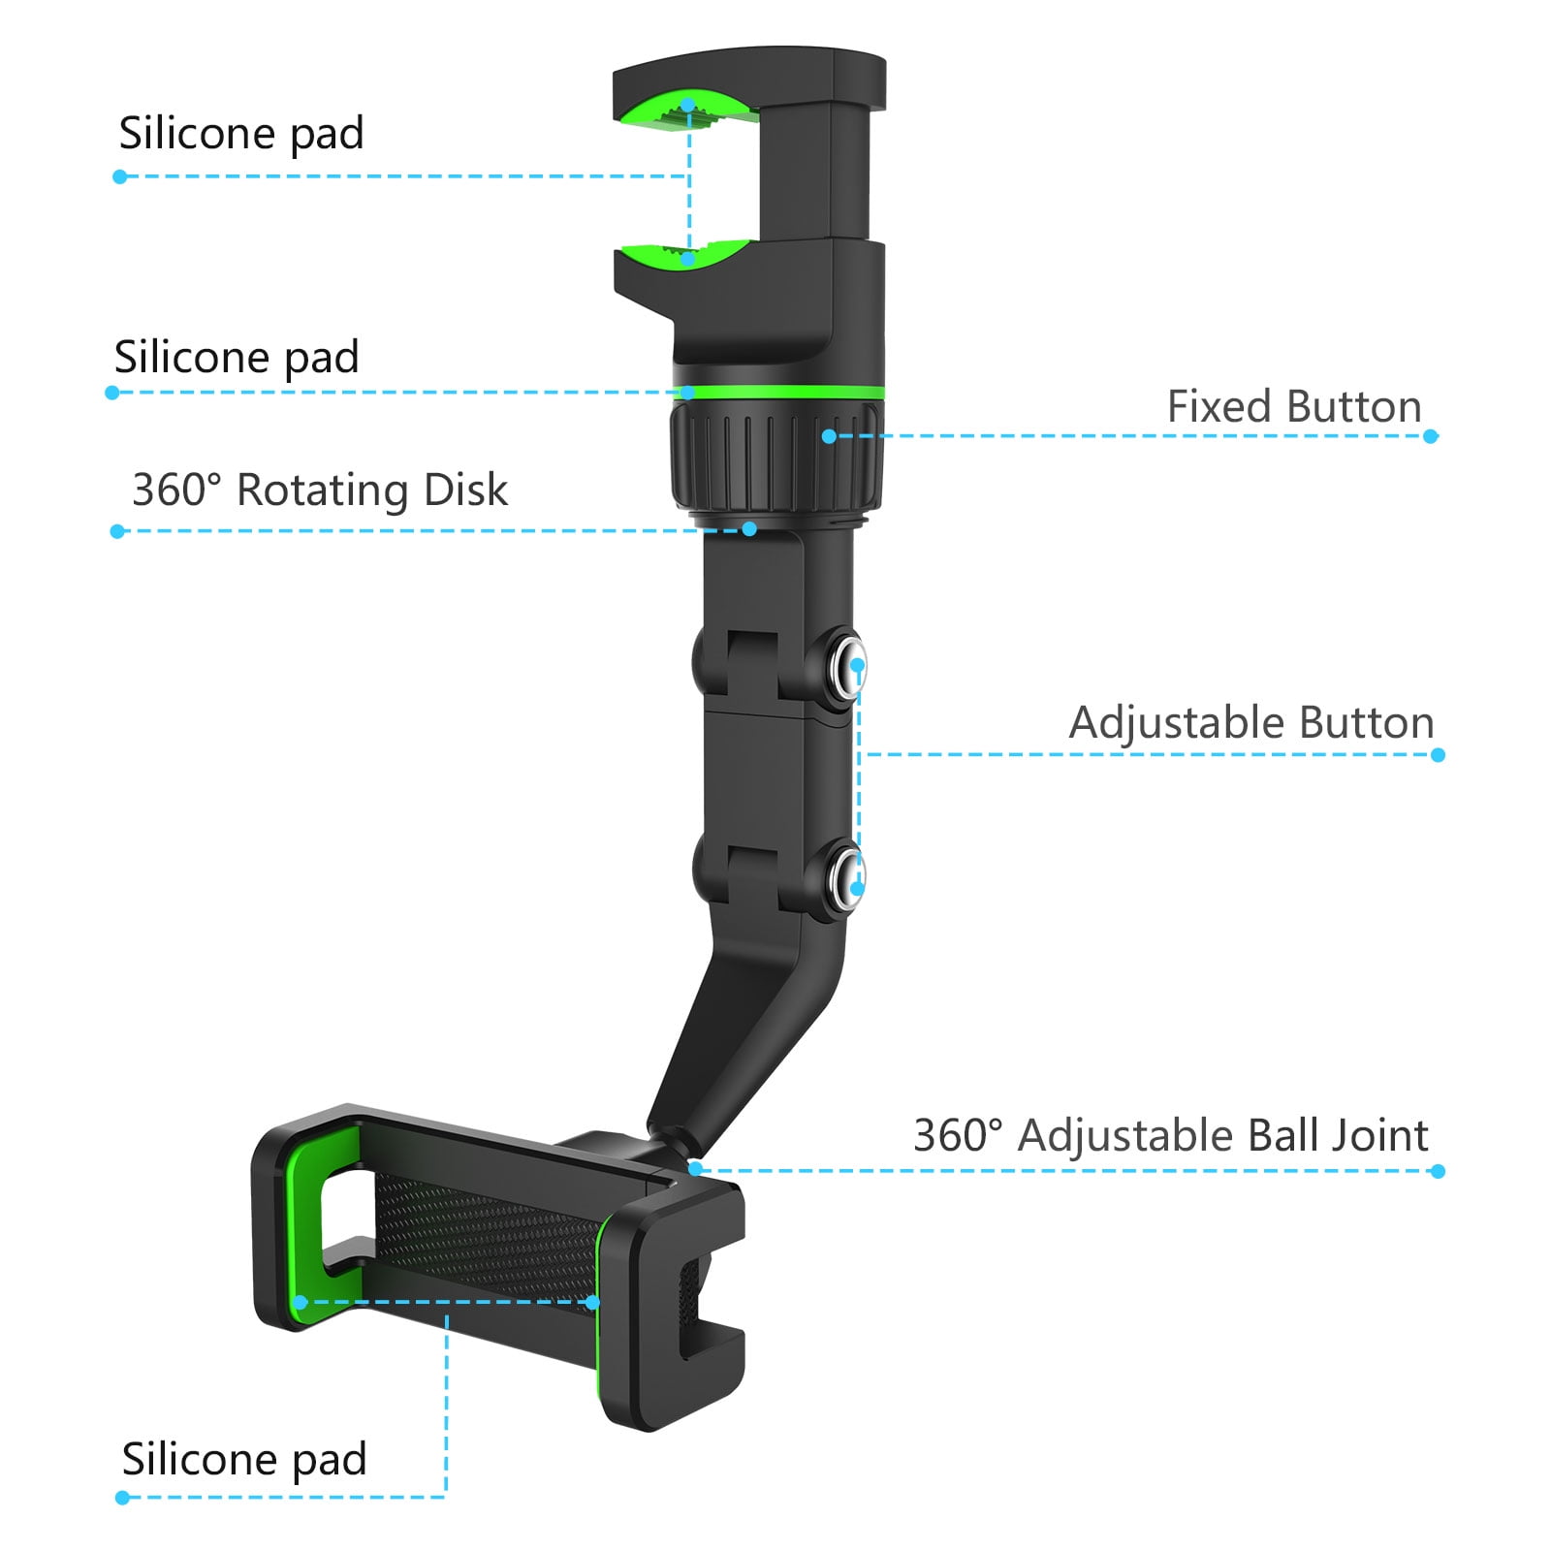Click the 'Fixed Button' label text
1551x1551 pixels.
[x=1294, y=406]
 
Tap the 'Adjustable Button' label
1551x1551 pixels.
[x=1251, y=723]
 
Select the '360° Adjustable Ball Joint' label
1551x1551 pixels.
[x=1171, y=1135]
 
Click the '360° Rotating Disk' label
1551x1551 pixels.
[x=320, y=490]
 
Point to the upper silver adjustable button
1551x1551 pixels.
[x=847, y=665]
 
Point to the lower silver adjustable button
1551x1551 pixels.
[x=847, y=877]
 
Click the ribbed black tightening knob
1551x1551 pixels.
[x=776, y=459]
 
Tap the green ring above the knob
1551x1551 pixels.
[x=778, y=392]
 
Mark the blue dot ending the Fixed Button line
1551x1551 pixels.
[x=1431, y=436]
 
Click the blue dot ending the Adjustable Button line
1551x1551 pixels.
[x=1438, y=755]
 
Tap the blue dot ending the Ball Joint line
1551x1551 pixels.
[x=1438, y=1171]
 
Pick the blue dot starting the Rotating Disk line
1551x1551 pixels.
[x=118, y=531]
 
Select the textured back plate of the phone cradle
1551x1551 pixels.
[x=485, y=1241]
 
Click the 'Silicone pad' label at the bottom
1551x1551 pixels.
[x=244, y=1459]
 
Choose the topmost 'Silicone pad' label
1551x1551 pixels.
[x=241, y=133]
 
